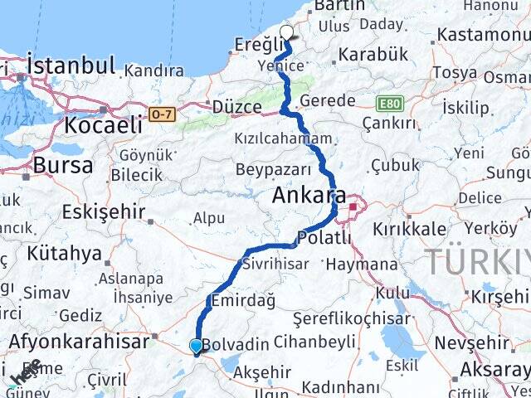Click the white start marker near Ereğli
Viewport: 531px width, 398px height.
click(287, 33)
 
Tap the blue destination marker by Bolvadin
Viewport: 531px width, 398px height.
click(196, 346)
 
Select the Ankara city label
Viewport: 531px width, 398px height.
click(309, 197)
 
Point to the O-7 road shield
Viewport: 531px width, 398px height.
click(163, 115)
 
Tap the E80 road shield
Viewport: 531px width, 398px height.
click(389, 103)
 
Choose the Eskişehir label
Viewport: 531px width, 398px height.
click(104, 211)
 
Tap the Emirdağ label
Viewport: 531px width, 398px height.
click(243, 301)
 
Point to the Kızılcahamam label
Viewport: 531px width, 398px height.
click(283, 138)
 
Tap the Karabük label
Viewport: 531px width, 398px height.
click(373, 55)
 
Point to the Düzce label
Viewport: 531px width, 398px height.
click(236, 106)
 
